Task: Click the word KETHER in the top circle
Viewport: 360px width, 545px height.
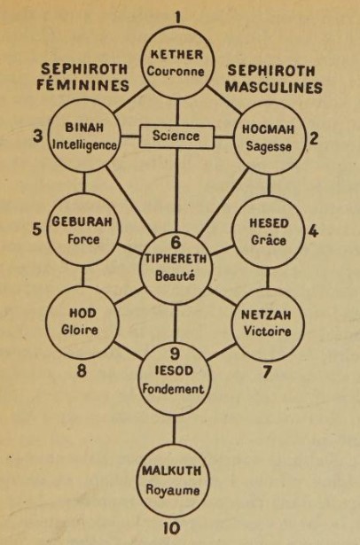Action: (176, 55)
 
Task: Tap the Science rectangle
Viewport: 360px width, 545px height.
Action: (176, 136)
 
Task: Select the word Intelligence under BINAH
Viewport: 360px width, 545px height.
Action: (84, 145)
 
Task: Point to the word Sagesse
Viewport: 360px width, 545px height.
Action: (269, 146)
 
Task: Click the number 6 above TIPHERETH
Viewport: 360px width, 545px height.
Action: (176, 242)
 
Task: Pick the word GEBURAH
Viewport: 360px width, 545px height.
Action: (82, 222)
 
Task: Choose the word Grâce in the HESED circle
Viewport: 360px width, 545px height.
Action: (269, 240)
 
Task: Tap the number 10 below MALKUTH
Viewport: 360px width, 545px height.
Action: (171, 529)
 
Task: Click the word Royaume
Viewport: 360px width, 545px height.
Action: (173, 490)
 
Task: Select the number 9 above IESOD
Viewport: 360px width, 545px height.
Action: (175, 354)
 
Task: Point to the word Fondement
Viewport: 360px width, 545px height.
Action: (173, 389)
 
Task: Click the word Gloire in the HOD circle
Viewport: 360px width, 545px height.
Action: (80, 330)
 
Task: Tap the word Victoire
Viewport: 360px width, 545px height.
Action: (267, 331)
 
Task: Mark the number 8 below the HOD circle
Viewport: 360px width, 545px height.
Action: (82, 371)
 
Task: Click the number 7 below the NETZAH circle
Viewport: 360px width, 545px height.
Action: (267, 372)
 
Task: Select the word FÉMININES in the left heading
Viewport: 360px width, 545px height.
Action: (82, 85)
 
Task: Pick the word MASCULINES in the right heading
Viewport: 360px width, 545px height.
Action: (273, 88)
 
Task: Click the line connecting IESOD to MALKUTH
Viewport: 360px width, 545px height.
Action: (174, 430)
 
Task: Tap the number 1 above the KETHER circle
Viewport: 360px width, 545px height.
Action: (178, 18)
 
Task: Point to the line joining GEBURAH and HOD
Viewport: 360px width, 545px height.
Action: (82, 276)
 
